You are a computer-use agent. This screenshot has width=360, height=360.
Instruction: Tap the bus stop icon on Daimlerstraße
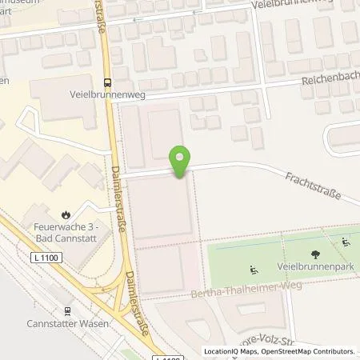pyautogui.click(x=108, y=82)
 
